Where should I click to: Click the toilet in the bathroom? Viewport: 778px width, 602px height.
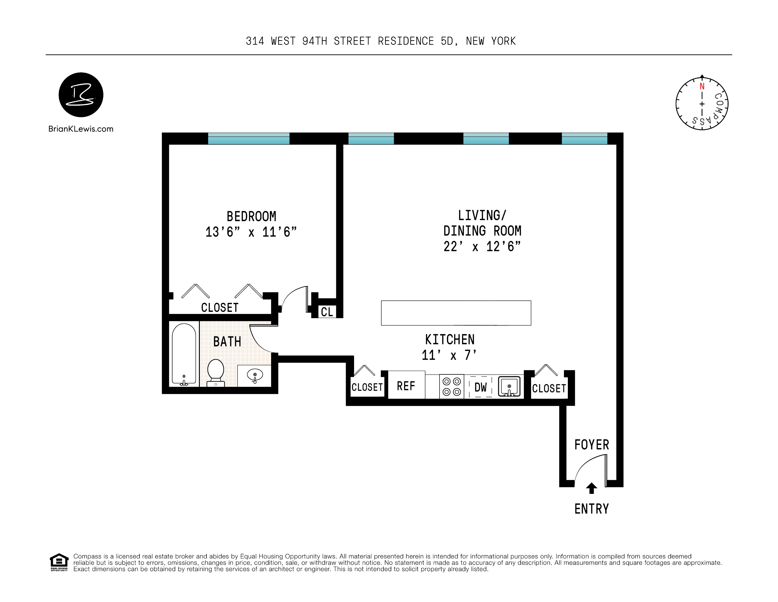(215, 373)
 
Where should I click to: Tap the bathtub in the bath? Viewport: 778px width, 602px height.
(184, 355)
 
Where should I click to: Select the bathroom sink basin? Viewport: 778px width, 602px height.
(255, 375)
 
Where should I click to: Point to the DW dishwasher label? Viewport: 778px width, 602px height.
(480, 387)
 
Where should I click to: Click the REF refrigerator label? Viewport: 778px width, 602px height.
(406, 386)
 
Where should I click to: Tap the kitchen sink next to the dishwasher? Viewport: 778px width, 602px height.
(509, 387)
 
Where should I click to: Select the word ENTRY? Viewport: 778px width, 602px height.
(592, 509)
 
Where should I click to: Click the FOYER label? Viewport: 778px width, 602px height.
(592, 445)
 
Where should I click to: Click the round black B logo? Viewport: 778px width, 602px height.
(81, 95)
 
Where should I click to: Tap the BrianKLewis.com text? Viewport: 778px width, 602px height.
(81, 129)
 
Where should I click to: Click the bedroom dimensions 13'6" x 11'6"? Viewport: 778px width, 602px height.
(251, 232)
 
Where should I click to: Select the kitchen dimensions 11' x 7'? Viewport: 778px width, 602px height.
(449, 355)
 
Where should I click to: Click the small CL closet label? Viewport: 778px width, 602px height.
(327, 312)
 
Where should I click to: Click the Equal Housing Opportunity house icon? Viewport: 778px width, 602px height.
(59, 562)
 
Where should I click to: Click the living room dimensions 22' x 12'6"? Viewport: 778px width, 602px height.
(482, 246)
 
